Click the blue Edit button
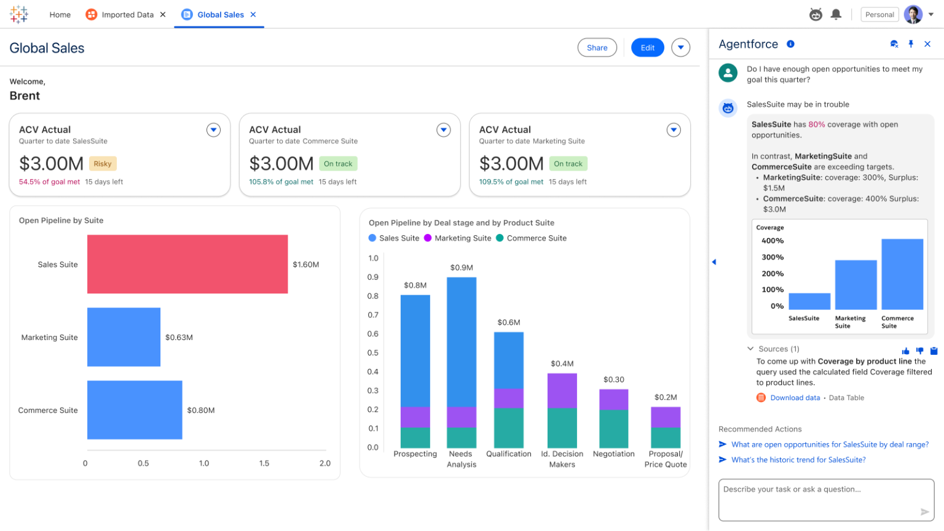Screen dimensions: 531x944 (x=647, y=48)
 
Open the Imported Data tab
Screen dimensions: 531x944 (x=127, y=15)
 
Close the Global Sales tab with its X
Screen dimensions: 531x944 (x=253, y=15)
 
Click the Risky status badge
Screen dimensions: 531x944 (x=103, y=164)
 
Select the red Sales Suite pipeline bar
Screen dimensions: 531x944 (x=187, y=264)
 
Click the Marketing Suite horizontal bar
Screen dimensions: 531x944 (x=124, y=337)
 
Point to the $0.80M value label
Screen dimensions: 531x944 (x=201, y=410)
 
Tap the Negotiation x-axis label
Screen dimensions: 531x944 (x=613, y=454)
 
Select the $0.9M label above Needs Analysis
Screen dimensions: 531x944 (x=462, y=268)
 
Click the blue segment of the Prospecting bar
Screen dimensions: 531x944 (x=415, y=350)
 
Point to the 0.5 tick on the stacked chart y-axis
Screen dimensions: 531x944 (x=373, y=353)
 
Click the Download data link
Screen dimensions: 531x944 (x=795, y=398)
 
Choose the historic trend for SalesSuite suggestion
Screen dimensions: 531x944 (x=798, y=460)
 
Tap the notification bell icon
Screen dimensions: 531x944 (x=836, y=15)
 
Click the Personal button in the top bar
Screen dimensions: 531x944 (x=879, y=15)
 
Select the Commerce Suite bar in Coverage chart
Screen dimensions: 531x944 (x=902, y=274)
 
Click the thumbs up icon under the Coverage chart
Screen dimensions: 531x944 (x=905, y=351)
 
